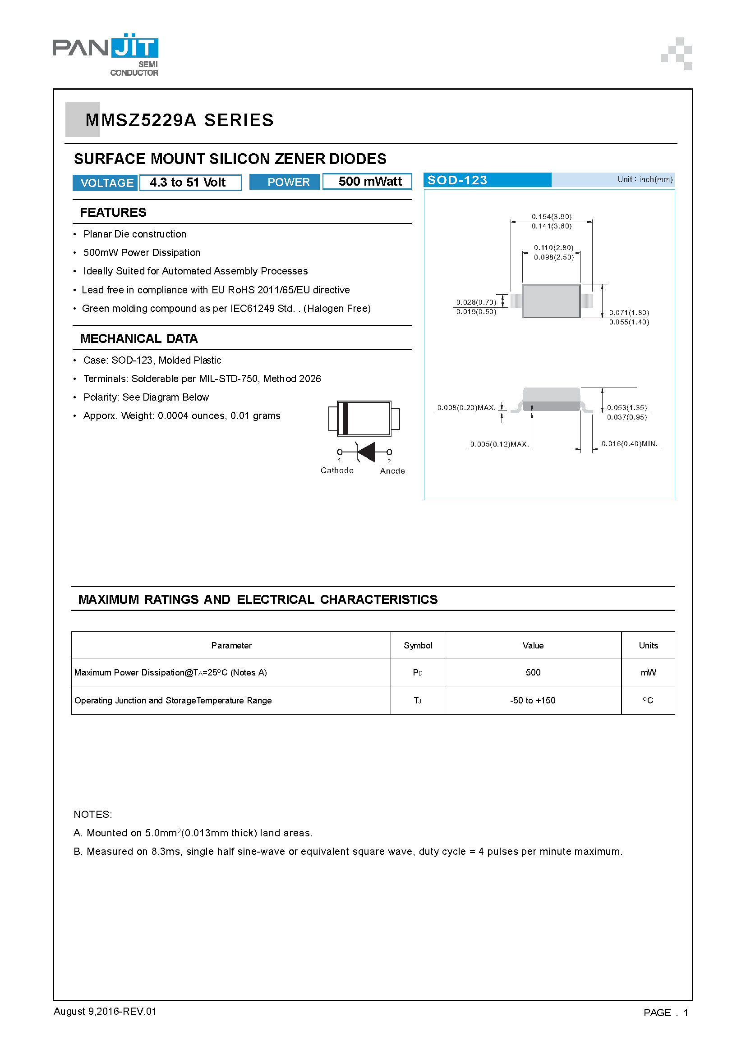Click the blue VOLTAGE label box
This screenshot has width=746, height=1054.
coord(105,183)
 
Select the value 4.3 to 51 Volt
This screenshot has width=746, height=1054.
coord(190,182)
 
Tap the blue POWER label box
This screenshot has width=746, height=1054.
coord(284,182)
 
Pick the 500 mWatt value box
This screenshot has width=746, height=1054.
coord(367,181)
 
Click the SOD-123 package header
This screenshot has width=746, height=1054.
coord(487,180)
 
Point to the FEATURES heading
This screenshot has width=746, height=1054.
coord(113,213)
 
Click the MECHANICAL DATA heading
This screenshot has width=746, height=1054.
coord(139,339)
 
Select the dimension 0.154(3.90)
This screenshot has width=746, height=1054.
coord(551,216)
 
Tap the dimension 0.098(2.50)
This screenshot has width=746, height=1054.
coord(553,258)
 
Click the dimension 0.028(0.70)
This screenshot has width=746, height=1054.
coord(476,302)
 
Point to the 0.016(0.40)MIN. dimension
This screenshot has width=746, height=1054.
coord(629,444)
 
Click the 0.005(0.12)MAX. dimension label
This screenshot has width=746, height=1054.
coord(499,444)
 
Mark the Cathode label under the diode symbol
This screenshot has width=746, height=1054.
coord(337,470)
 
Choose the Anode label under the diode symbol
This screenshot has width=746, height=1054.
coord(392,471)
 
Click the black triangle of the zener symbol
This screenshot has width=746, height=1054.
coord(367,452)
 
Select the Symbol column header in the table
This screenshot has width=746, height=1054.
coord(418,645)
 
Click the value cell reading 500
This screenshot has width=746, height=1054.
coord(533,672)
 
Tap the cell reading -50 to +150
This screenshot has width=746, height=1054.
coord(532,701)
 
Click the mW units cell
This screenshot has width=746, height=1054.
coord(648,672)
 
